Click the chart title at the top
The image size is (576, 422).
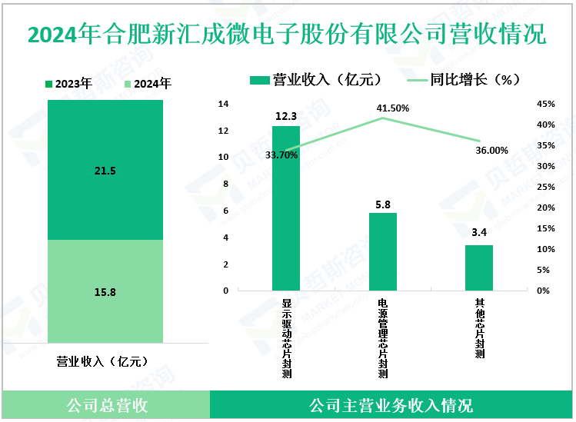[288, 35]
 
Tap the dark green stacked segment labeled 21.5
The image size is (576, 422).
[105, 170]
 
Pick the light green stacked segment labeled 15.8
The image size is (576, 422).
[105, 292]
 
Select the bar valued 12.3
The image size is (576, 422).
[286, 208]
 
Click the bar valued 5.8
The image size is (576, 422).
[383, 252]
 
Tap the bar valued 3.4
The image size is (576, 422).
[479, 267]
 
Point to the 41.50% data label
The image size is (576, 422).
[393, 108]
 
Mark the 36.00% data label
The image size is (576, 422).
[491, 151]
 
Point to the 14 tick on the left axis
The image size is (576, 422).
[224, 104]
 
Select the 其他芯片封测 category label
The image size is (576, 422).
[479, 329]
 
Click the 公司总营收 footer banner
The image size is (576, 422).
[105, 405]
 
